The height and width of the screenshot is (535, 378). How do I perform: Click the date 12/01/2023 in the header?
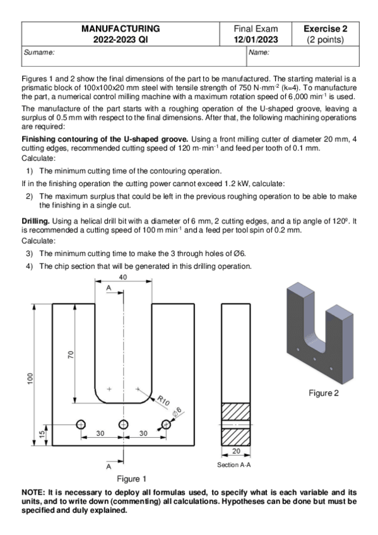256,40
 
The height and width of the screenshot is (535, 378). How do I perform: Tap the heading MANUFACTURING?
121,28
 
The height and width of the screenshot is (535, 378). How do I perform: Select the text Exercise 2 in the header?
325,28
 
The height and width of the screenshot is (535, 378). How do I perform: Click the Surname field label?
39,52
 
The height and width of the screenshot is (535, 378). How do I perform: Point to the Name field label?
259,52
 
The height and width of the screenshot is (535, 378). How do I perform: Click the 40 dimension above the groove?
123,277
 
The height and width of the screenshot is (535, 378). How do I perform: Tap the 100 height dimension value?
30,379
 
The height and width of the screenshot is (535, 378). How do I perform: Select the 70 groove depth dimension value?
71,355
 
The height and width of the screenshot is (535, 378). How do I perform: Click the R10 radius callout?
163,401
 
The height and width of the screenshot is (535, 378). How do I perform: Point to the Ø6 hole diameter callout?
177,412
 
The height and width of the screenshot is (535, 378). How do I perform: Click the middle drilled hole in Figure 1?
124,425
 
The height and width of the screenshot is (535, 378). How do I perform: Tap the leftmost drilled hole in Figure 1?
81,425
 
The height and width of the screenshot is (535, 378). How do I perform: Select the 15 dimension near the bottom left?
42,434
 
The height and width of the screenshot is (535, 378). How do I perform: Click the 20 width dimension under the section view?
236,451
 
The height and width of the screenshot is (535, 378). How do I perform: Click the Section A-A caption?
234,465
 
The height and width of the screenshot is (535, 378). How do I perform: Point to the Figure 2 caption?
324,393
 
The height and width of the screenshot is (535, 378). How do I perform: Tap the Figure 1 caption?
132,479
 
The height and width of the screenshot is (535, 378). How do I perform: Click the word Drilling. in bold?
36,221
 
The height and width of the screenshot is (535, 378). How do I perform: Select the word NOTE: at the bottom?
33,492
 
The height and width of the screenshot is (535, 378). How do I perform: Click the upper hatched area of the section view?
236,411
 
